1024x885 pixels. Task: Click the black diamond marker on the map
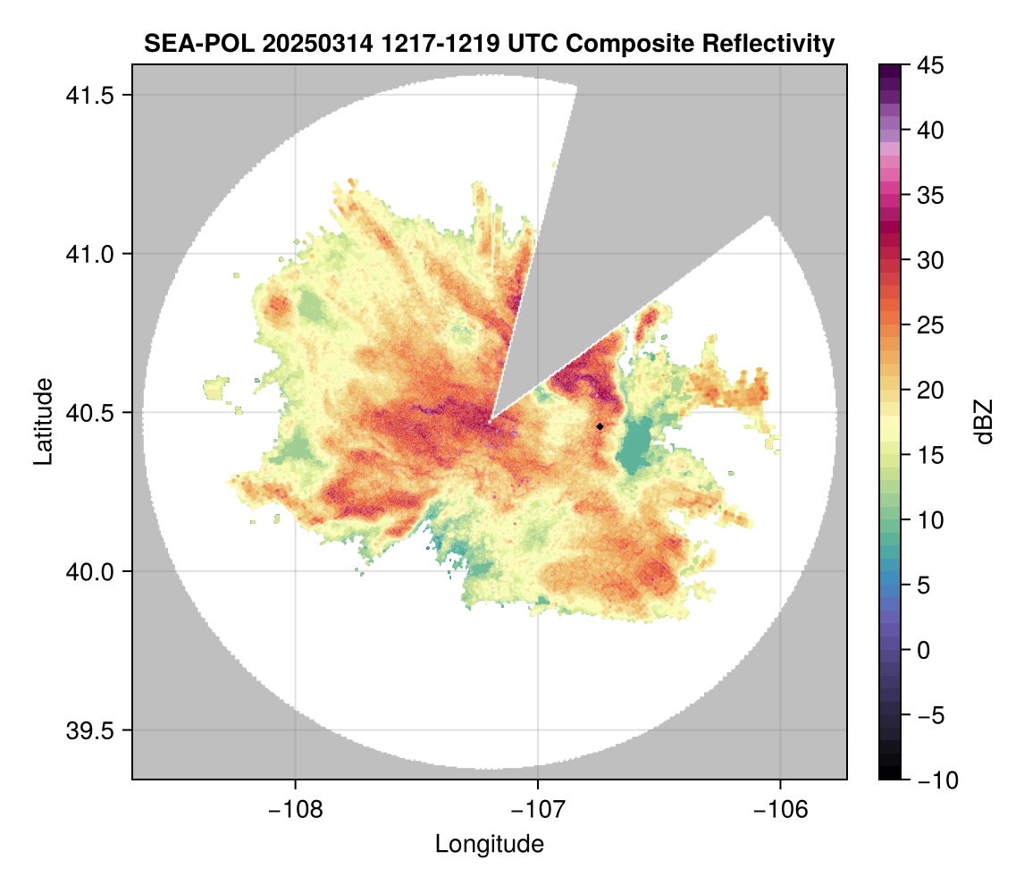point(600,426)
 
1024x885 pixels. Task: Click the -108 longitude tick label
point(295,809)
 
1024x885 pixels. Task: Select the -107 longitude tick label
point(538,809)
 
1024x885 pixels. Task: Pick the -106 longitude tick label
point(781,809)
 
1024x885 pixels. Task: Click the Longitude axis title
point(490,843)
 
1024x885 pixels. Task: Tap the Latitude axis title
point(43,421)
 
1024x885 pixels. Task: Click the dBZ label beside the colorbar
point(984,422)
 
